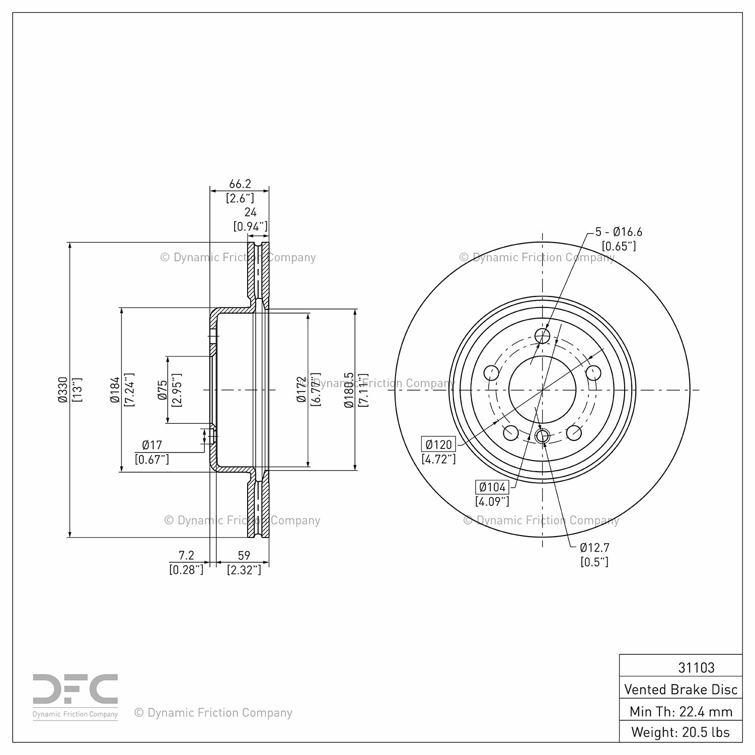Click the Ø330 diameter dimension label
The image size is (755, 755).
point(63,390)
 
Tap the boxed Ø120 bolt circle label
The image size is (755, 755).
point(439,444)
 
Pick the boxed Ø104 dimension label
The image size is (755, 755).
point(493,487)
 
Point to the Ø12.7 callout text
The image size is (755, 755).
point(595,548)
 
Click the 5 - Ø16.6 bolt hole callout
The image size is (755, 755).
point(619,232)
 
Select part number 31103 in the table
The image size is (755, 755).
point(696,667)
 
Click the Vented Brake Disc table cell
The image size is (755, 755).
point(681,689)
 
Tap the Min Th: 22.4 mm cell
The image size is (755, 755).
point(681,711)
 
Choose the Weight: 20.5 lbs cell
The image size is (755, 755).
point(681,732)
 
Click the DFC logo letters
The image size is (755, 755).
point(75,689)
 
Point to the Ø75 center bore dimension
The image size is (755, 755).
point(163,390)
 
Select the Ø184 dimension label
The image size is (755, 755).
point(115,390)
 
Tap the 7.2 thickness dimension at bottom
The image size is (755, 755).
point(186,555)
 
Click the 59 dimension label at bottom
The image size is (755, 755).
point(244,555)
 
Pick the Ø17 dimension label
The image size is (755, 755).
point(152,445)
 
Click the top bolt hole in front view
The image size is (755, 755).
point(542,336)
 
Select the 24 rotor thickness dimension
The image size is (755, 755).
point(250,212)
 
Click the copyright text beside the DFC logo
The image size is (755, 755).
point(213,713)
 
